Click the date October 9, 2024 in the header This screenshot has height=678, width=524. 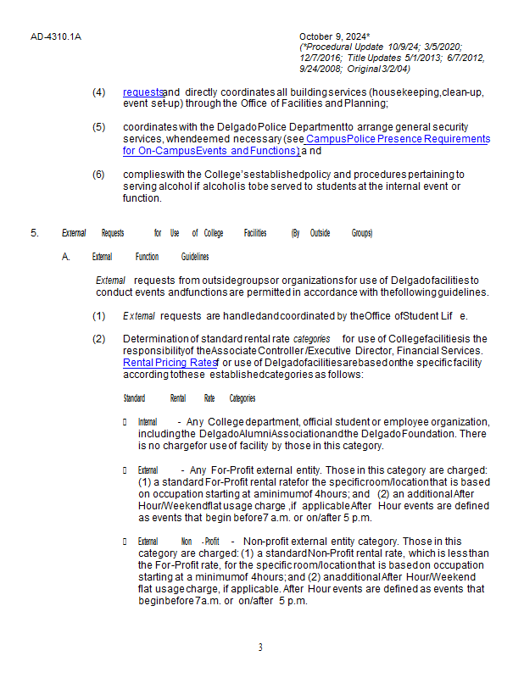[x=333, y=36]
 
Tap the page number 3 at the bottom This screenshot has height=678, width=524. [x=260, y=647]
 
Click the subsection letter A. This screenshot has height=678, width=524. [x=65, y=256]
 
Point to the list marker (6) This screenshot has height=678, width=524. [x=98, y=174]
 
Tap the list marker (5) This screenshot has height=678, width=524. [x=98, y=127]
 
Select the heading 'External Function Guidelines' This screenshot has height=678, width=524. [x=150, y=256]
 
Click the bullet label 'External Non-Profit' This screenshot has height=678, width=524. [x=178, y=541]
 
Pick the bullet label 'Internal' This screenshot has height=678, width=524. [x=148, y=421]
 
